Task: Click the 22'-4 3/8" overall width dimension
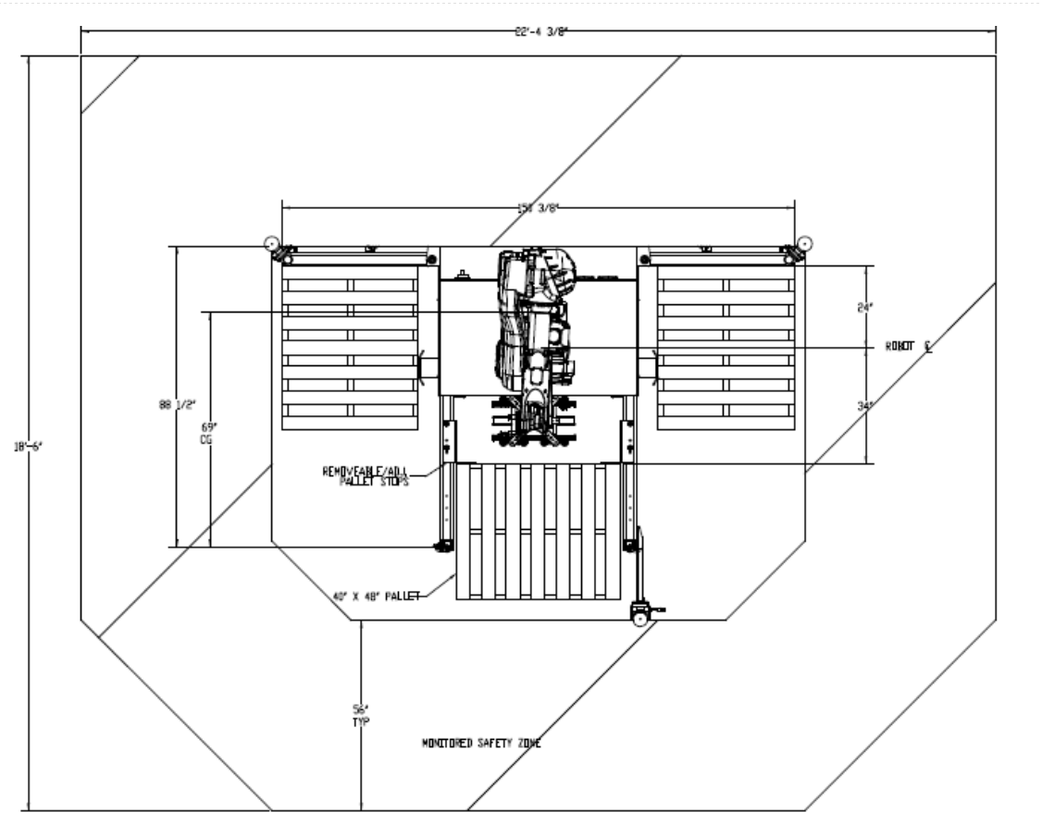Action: click(536, 31)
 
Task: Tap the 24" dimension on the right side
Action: click(865, 309)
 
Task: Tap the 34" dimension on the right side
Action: click(865, 405)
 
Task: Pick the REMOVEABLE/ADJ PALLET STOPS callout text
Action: click(366, 474)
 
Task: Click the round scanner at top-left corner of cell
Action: click(272, 244)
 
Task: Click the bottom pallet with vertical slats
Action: click(539, 530)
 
